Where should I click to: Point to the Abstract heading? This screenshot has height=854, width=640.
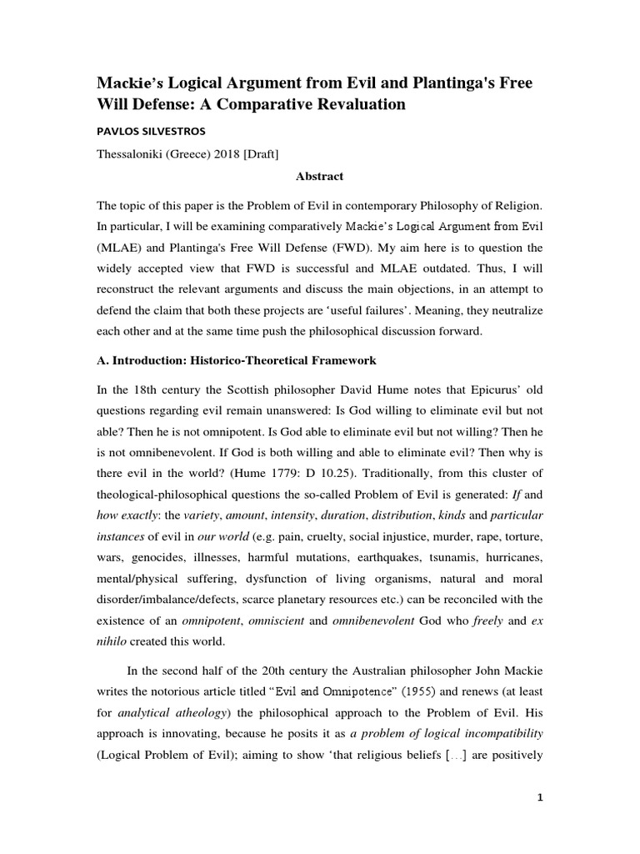point(319,176)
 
